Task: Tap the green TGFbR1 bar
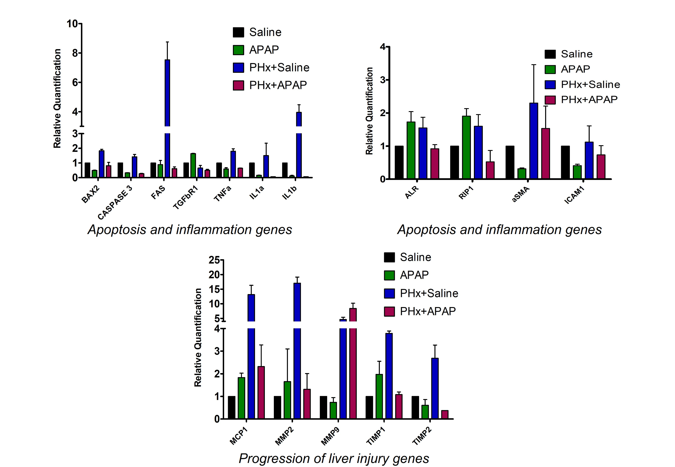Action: pos(193,165)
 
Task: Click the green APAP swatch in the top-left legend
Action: pos(238,50)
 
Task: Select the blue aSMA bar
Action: pos(534,141)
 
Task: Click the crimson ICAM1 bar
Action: pos(601,167)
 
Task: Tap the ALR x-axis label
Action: pos(412,193)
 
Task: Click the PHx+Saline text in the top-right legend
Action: pos(590,84)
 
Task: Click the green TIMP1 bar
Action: pos(379,397)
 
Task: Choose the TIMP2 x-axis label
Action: pos(422,436)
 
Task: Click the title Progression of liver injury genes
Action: pos(334,458)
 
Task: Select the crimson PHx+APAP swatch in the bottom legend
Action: pos(389,311)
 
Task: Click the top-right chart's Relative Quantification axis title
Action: pos(369,111)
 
